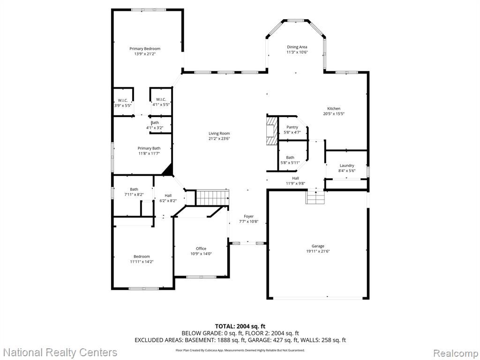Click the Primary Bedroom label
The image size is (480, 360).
[145, 49]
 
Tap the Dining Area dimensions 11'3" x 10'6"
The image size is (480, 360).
[297, 52]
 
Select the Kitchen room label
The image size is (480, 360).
[334, 108]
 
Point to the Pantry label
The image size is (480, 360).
[292, 127]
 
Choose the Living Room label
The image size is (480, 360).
[219, 134]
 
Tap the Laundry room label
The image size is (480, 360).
[347, 165]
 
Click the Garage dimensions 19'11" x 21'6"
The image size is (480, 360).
[318, 251]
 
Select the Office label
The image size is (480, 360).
[201, 248]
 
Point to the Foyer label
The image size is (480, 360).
[248, 217]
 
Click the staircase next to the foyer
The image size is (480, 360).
[212, 197]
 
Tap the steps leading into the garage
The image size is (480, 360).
[315, 197]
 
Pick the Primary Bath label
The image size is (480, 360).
[149, 149]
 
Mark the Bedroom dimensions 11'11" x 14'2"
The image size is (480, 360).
[142, 262]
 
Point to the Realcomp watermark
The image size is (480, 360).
[456, 352]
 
